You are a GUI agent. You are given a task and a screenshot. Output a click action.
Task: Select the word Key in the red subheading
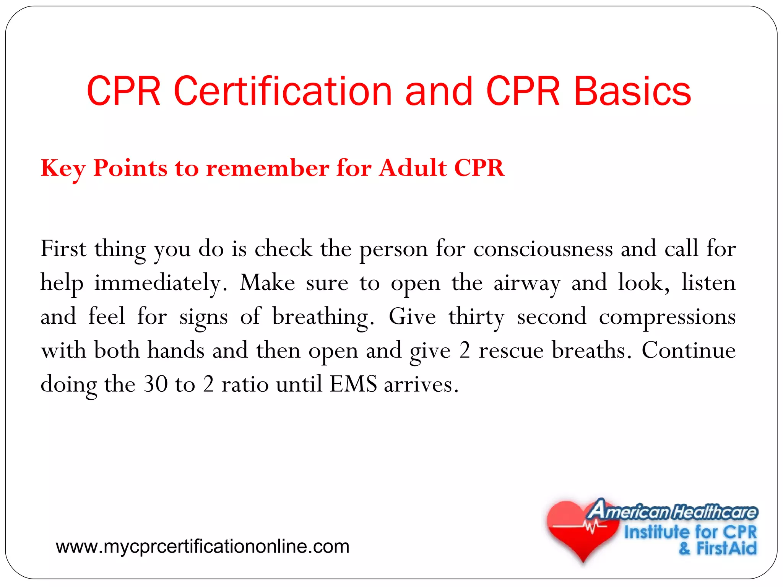click(63, 169)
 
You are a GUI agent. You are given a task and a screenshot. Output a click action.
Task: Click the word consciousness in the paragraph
click(543, 249)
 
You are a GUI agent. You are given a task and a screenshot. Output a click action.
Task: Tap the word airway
click(527, 284)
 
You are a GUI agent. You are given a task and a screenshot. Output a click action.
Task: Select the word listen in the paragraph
click(708, 283)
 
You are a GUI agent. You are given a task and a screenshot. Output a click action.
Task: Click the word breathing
click(323, 317)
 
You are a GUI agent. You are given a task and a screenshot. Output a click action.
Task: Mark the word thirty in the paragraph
click(476, 317)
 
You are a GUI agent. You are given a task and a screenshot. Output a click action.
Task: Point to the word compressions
click(667, 317)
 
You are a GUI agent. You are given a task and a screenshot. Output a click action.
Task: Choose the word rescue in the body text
click(511, 350)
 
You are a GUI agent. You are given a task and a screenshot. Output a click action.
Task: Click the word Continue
click(688, 350)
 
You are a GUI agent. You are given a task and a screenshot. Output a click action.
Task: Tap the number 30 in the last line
click(156, 384)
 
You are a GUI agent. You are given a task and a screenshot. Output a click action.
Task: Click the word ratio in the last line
click(245, 384)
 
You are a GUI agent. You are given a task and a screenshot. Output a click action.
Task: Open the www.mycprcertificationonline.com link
click(203, 546)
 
